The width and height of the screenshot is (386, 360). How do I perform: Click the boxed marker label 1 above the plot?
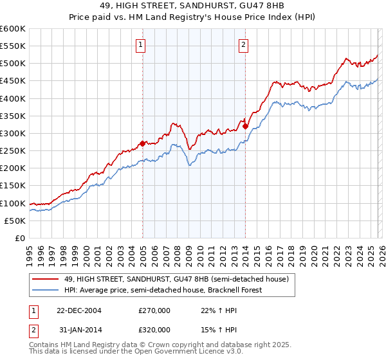pyautogui.click(x=140, y=44)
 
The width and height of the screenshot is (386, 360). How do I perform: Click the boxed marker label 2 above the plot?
pyautogui.click(x=244, y=44)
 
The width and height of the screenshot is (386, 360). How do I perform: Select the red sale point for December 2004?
pyautogui.click(x=142, y=143)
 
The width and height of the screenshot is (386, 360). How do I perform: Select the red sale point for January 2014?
pyautogui.click(x=245, y=126)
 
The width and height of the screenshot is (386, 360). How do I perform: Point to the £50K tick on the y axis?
pyautogui.click(x=15, y=221)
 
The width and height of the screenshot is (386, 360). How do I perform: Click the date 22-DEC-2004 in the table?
pyautogui.click(x=80, y=310)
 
